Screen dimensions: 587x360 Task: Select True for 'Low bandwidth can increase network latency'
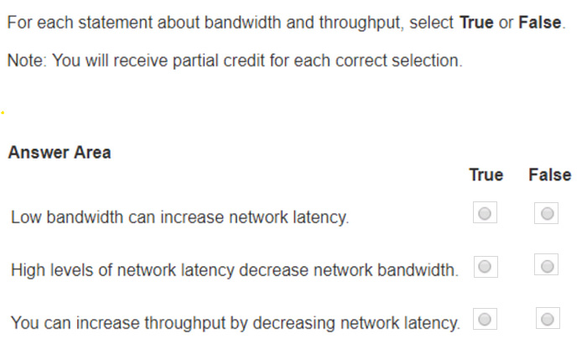pos(485,213)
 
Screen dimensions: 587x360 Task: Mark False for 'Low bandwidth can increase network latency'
pos(547,213)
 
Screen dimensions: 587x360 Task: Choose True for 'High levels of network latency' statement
pos(486,266)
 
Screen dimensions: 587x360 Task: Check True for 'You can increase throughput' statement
pos(485,319)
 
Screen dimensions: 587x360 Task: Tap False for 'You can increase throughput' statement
pos(548,318)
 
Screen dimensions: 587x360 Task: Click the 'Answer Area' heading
pos(60,153)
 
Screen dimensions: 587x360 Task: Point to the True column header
pos(486,175)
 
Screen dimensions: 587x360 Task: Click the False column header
pos(550,175)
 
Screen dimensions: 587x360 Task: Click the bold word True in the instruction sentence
pos(476,23)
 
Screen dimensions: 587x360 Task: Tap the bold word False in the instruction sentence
pos(540,23)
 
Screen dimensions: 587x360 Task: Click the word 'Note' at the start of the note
pos(25,60)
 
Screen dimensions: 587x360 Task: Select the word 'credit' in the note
pos(245,60)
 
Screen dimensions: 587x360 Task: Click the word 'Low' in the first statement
pos(26,217)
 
